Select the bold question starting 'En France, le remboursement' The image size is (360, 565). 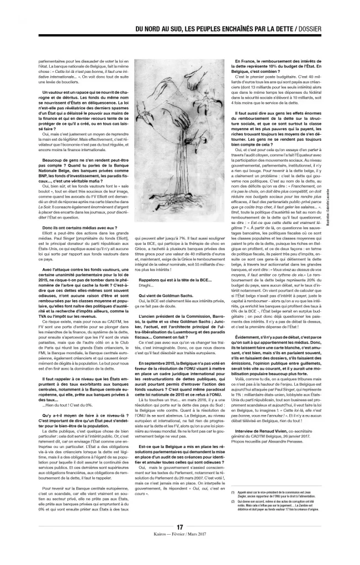pos(276,62)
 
